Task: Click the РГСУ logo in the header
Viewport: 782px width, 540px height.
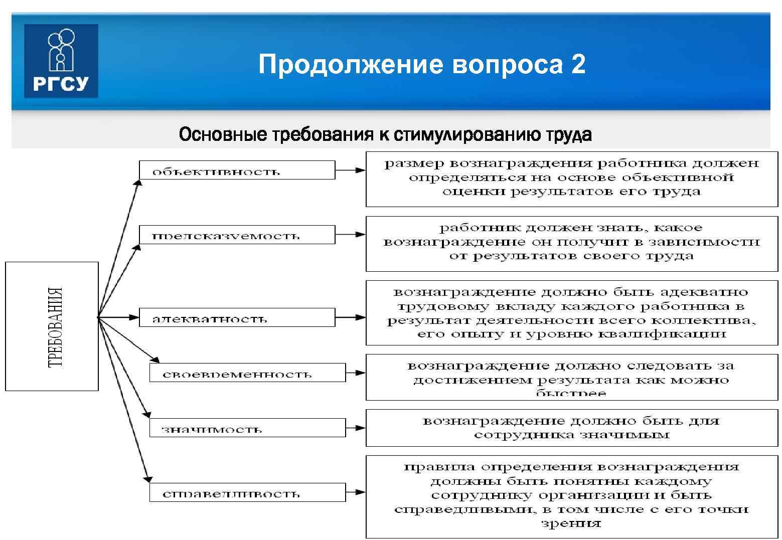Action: tap(61, 61)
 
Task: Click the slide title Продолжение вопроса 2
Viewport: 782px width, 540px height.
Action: tap(421, 65)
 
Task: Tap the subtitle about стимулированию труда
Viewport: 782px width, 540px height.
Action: tap(385, 134)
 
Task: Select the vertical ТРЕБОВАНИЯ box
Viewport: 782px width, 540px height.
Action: tap(52, 326)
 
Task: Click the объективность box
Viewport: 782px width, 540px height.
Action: tap(237, 170)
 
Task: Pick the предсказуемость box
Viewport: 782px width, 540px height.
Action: tap(237, 235)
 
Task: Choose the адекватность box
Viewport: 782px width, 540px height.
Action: tap(237, 317)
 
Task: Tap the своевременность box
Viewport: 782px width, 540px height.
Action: tap(247, 373)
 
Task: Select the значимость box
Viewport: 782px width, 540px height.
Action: tap(247, 428)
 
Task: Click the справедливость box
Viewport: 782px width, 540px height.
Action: tap(247, 492)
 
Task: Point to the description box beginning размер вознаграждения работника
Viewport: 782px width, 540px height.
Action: tap(571, 179)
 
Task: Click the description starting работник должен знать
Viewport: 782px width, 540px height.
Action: tap(571, 244)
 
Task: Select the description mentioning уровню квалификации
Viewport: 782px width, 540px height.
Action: tap(571, 313)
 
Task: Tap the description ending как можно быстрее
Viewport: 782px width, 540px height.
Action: tap(571, 377)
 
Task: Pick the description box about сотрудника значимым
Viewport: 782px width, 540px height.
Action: tap(571, 428)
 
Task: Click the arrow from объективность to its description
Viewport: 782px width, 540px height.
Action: tap(350, 170)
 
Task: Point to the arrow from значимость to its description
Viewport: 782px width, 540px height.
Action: tap(356, 428)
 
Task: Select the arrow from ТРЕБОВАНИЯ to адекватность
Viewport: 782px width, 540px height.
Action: tap(118, 317)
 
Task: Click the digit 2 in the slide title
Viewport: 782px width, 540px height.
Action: tap(578, 65)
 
